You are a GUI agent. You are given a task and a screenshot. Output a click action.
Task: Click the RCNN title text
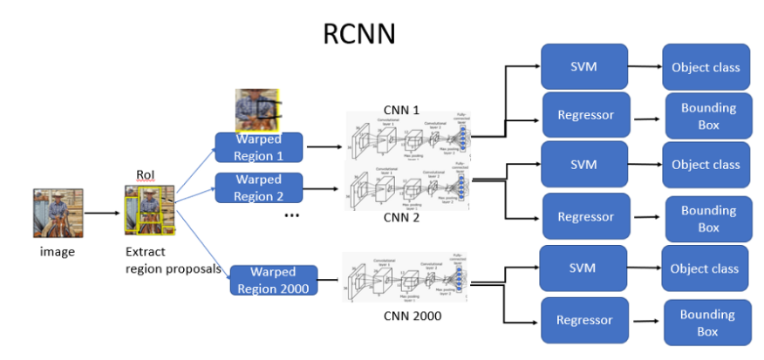(x=359, y=32)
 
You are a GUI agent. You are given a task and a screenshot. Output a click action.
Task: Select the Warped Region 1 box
(x=258, y=147)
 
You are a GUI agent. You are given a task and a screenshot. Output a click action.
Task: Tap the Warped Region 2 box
(x=258, y=187)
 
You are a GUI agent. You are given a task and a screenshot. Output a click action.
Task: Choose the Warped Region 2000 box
(x=272, y=280)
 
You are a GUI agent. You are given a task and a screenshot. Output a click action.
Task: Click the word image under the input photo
(x=58, y=252)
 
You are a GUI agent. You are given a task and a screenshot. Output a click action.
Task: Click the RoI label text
(x=145, y=175)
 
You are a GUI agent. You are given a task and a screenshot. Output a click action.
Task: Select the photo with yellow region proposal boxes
(x=150, y=214)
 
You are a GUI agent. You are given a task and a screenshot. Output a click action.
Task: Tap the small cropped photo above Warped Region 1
(x=256, y=110)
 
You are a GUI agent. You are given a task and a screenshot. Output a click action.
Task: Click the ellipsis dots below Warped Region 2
(x=292, y=214)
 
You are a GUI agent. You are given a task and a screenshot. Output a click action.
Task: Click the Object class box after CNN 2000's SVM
(x=704, y=268)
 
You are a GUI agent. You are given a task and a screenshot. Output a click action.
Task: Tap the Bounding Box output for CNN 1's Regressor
(x=708, y=116)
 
